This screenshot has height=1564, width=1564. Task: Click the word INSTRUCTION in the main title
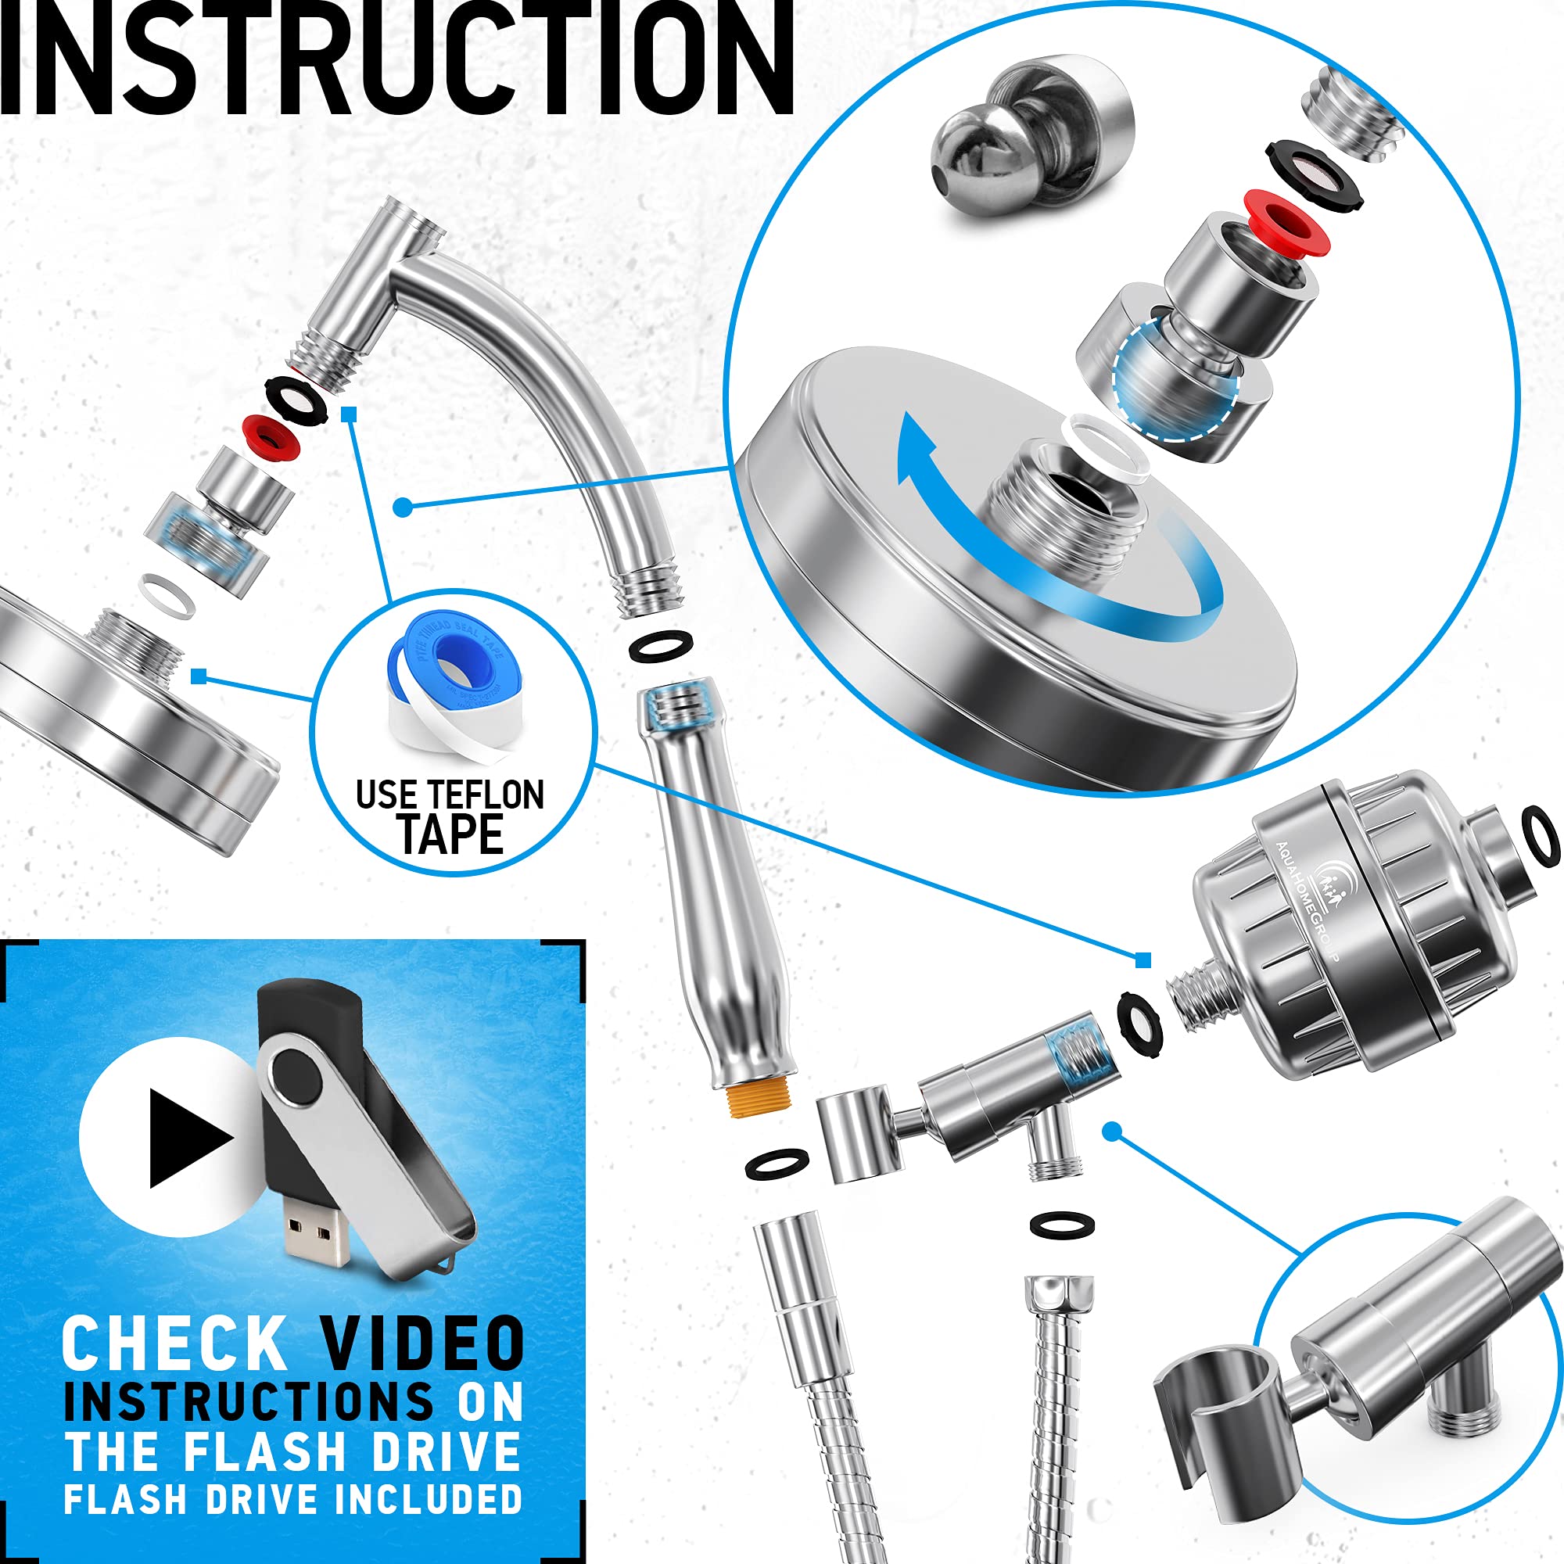pyautogui.click(x=396, y=61)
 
